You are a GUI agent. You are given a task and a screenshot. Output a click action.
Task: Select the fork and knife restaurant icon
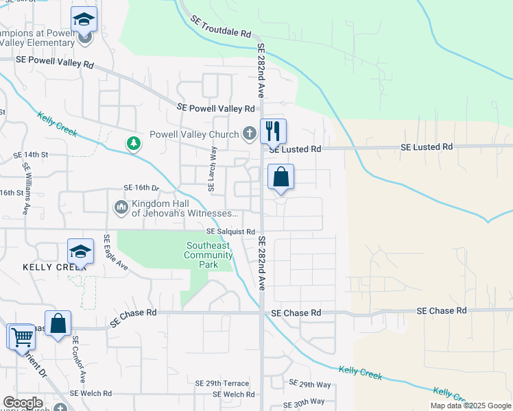pyautogui.click(x=273, y=130)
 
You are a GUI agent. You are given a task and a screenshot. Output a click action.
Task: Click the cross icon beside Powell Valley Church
pyautogui.click(x=251, y=134)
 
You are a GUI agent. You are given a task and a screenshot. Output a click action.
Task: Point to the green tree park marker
pyautogui.click(x=132, y=143)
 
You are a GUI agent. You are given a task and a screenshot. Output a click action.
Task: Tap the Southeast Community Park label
pyautogui.click(x=209, y=255)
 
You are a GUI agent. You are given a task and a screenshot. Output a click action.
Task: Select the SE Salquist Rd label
pyautogui.click(x=231, y=232)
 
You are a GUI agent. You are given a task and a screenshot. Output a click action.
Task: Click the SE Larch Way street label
pyautogui.click(x=213, y=167)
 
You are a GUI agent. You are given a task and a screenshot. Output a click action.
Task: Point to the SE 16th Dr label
pyautogui.click(x=141, y=187)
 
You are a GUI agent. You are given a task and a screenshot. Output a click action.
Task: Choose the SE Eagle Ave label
pyautogui.click(x=115, y=251)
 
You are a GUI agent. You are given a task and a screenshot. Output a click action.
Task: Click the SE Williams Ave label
pyautogui.click(x=27, y=189)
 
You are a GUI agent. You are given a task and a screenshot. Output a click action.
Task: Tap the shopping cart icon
pyautogui.click(x=22, y=337)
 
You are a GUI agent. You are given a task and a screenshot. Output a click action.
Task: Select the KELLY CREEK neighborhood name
pyautogui.click(x=45, y=266)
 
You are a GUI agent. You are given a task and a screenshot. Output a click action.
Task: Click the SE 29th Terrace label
pyautogui.click(x=222, y=383)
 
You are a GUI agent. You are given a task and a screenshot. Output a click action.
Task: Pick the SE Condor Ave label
pyautogui.click(x=79, y=358)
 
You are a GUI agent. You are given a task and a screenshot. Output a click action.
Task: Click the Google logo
pyautogui.click(x=23, y=403)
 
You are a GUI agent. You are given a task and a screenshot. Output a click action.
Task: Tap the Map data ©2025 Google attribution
pyautogui.click(x=470, y=406)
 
